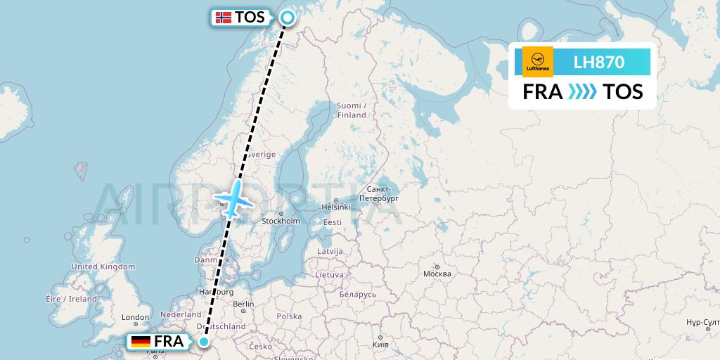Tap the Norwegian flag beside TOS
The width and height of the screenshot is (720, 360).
(224, 18)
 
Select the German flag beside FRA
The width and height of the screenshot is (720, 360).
(141, 342)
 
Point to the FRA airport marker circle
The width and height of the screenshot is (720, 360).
(204, 342)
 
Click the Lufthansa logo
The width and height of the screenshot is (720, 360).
(538, 62)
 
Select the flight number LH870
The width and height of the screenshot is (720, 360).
(598, 62)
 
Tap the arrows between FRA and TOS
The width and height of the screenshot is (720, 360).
(582, 92)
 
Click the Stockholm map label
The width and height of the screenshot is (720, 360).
(281, 221)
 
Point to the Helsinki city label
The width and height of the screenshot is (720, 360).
(335, 207)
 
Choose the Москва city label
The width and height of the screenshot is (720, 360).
(437, 274)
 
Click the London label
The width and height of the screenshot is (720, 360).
(135, 318)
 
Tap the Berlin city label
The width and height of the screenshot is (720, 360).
(243, 304)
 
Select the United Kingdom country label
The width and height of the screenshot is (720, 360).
(103, 267)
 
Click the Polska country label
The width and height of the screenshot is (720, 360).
(288, 317)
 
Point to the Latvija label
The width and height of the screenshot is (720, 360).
(330, 251)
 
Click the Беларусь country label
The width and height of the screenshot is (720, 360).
(357, 294)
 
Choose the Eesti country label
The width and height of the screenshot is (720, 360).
(333, 223)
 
